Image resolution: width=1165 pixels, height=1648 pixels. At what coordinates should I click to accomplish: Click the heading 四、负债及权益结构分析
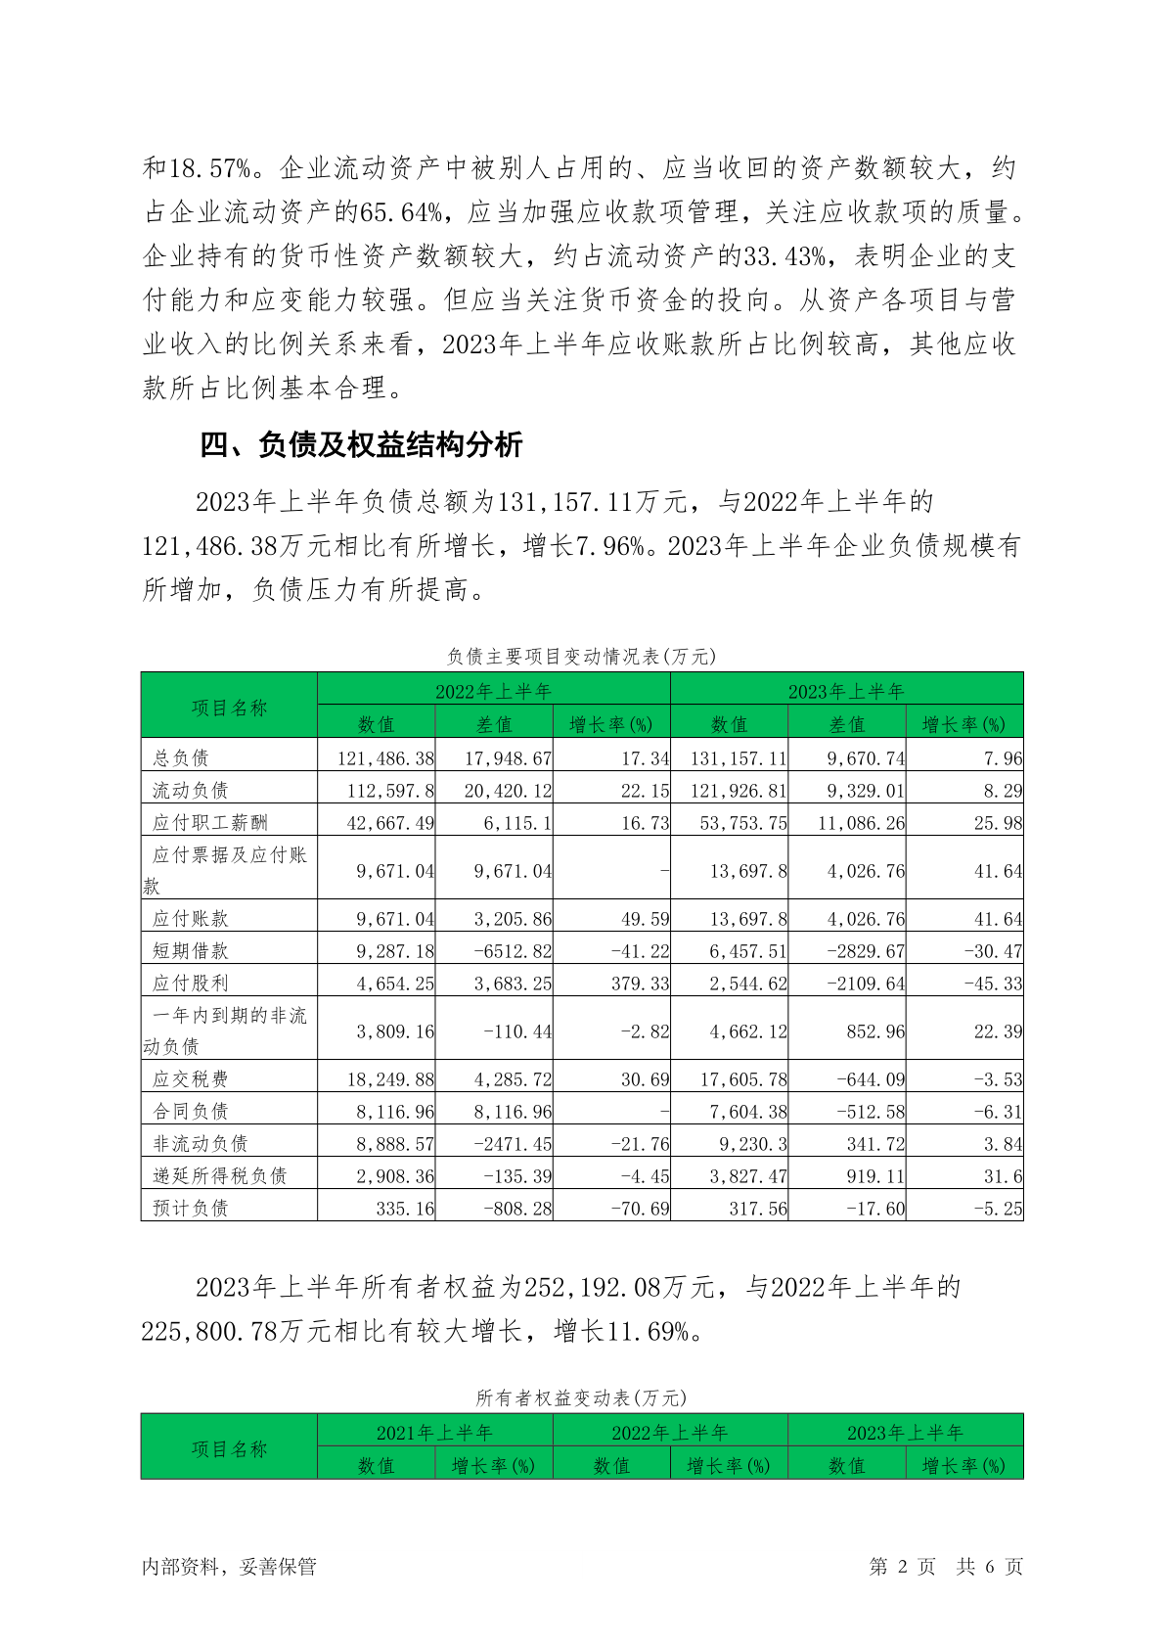[361, 445]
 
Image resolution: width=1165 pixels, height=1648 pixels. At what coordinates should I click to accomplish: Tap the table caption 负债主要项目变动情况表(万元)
[581, 657]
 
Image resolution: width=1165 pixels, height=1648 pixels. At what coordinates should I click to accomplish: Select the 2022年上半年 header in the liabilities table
[493, 691]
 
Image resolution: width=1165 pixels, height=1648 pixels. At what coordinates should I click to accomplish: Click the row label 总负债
[181, 757]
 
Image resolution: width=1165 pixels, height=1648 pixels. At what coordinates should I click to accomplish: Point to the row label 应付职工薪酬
[209, 822]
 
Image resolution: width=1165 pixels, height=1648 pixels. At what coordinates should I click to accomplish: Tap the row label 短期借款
[191, 950]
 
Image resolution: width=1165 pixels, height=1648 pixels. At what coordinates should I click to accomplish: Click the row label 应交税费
[191, 1078]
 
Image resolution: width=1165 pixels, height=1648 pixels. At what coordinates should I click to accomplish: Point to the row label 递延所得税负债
[219, 1175]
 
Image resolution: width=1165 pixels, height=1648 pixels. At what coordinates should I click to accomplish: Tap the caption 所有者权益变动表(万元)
[581, 1397]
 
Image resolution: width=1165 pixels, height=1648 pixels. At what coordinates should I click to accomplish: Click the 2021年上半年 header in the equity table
[434, 1433]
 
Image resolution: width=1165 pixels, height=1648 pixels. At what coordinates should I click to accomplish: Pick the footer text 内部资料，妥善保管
[229, 1567]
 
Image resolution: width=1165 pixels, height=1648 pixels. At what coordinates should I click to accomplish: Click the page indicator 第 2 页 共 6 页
[946, 1567]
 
